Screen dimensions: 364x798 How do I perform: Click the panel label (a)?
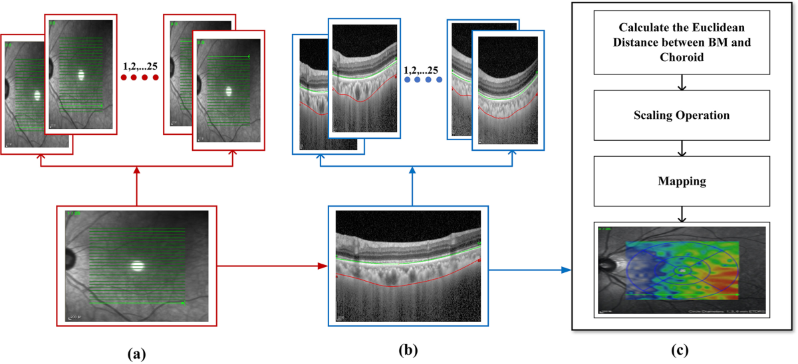[x=136, y=351]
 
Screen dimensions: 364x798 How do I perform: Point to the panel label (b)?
[x=408, y=351]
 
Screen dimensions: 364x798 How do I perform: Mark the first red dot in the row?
[x=124, y=78]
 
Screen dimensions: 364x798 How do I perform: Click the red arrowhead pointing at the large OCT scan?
[x=324, y=266]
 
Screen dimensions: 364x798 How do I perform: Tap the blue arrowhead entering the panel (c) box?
[x=567, y=270]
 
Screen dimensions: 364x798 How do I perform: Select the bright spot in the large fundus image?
[x=138, y=266]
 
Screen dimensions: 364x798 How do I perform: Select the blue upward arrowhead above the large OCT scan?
[x=412, y=171]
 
